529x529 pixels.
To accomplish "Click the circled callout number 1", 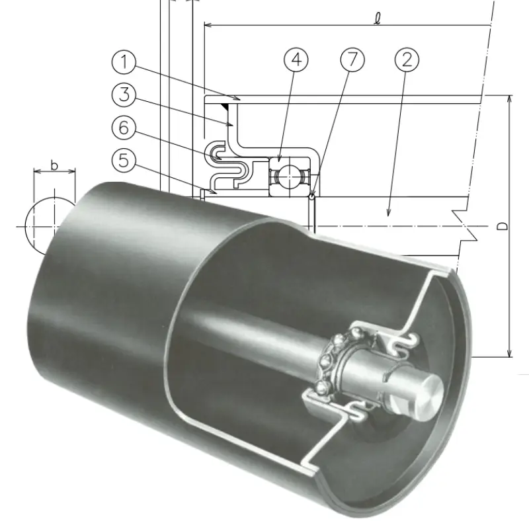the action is pyautogui.click(x=124, y=62).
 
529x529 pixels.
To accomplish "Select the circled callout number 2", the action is pyautogui.click(x=407, y=60).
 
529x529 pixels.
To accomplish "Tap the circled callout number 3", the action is pyautogui.click(x=124, y=95).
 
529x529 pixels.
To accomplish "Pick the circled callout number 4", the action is pyautogui.click(x=296, y=60).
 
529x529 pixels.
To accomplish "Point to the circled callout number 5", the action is pyautogui.click(x=124, y=160).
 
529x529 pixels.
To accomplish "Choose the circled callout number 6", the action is pyautogui.click(x=124, y=128).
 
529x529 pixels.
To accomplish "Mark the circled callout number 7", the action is pyautogui.click(x=352, y=60).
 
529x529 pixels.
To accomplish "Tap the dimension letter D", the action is pyautogui.click(x=503, y=225).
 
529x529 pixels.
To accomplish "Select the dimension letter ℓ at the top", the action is pyautogui.click(x=378, y=19).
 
